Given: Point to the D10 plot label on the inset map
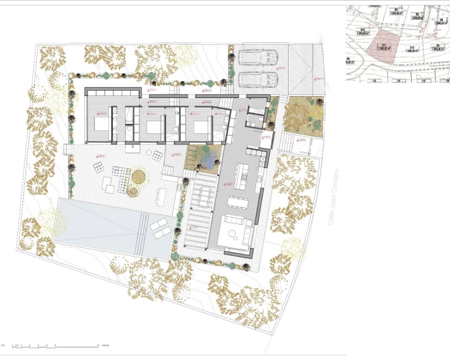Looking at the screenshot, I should pyautogui.click(x=412, y=49).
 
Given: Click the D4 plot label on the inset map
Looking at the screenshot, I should pyautogui.click(x=396, y=11).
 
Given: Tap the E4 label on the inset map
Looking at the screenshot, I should pyautogui.click(x=399, y=81).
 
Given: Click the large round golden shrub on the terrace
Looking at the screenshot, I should pyautogui.click(x=138, y=176).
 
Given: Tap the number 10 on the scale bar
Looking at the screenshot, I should pyautogui.click(x=98, y=346).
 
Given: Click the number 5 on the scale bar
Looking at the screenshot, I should pyautogui.click(x=55, y=346).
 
